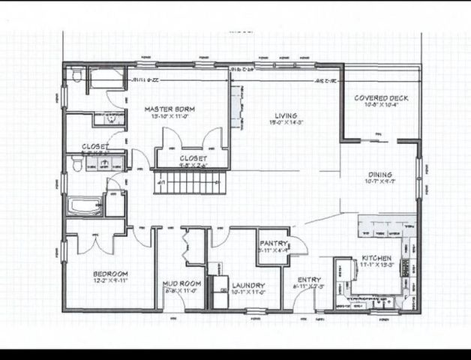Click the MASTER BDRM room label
169,109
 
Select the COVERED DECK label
380,98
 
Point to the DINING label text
379,175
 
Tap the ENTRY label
309,280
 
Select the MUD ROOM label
180,283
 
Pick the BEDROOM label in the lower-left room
110,273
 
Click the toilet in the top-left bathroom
76,74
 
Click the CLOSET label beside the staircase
193,158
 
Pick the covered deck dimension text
380,106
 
